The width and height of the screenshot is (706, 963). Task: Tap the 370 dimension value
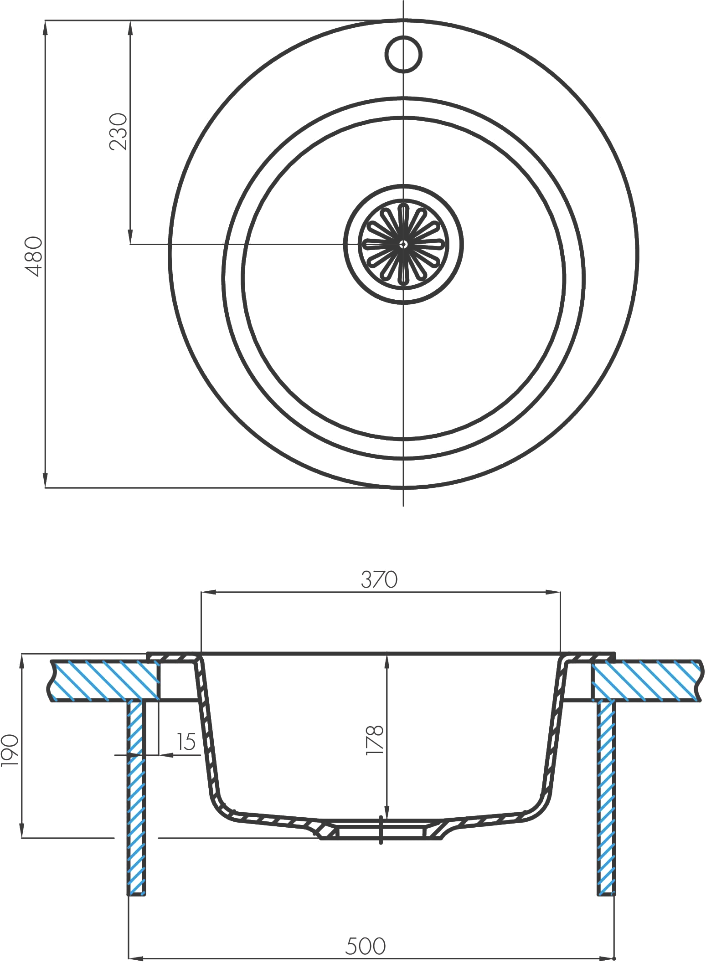[379, 580]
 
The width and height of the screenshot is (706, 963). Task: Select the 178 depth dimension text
[375, 740]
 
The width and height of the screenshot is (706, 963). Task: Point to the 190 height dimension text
[10, 750]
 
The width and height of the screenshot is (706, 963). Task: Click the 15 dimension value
[186, 742]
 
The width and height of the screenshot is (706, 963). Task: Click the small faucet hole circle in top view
[403, 54]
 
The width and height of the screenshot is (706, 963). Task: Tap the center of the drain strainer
[403, 244]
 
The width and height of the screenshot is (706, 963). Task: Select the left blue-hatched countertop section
[105, 680]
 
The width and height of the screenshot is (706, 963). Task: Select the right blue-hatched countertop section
[645, 680]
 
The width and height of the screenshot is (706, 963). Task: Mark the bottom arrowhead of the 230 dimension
[130, 237]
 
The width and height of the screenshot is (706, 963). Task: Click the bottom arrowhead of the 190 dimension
[22, 830]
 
